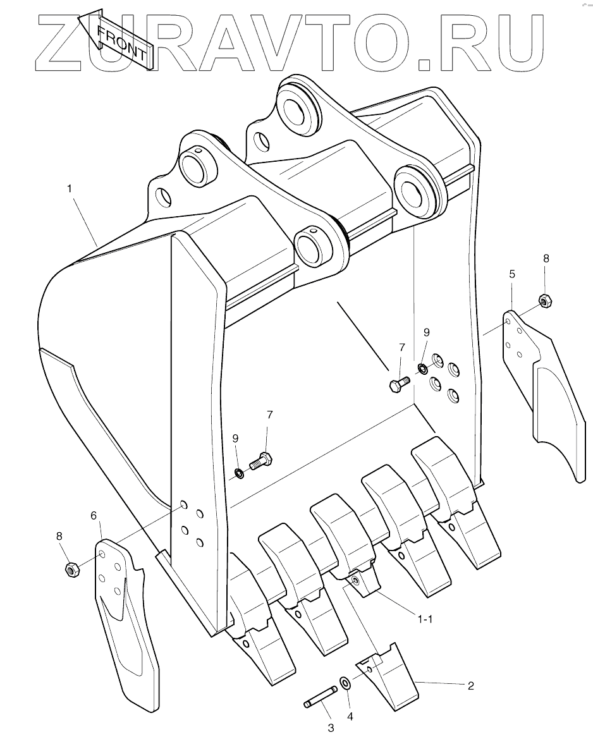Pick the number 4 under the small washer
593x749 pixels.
[x=350, y=717]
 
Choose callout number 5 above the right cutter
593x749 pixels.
[x=512, y=274]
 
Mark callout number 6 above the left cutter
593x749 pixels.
[x=94, y=516]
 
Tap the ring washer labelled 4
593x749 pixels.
[x=345, y=683]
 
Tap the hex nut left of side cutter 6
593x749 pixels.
[x=71, y=568]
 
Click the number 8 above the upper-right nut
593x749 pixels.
[x=546, y=258]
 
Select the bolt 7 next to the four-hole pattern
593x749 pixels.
[x=399, y=382]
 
